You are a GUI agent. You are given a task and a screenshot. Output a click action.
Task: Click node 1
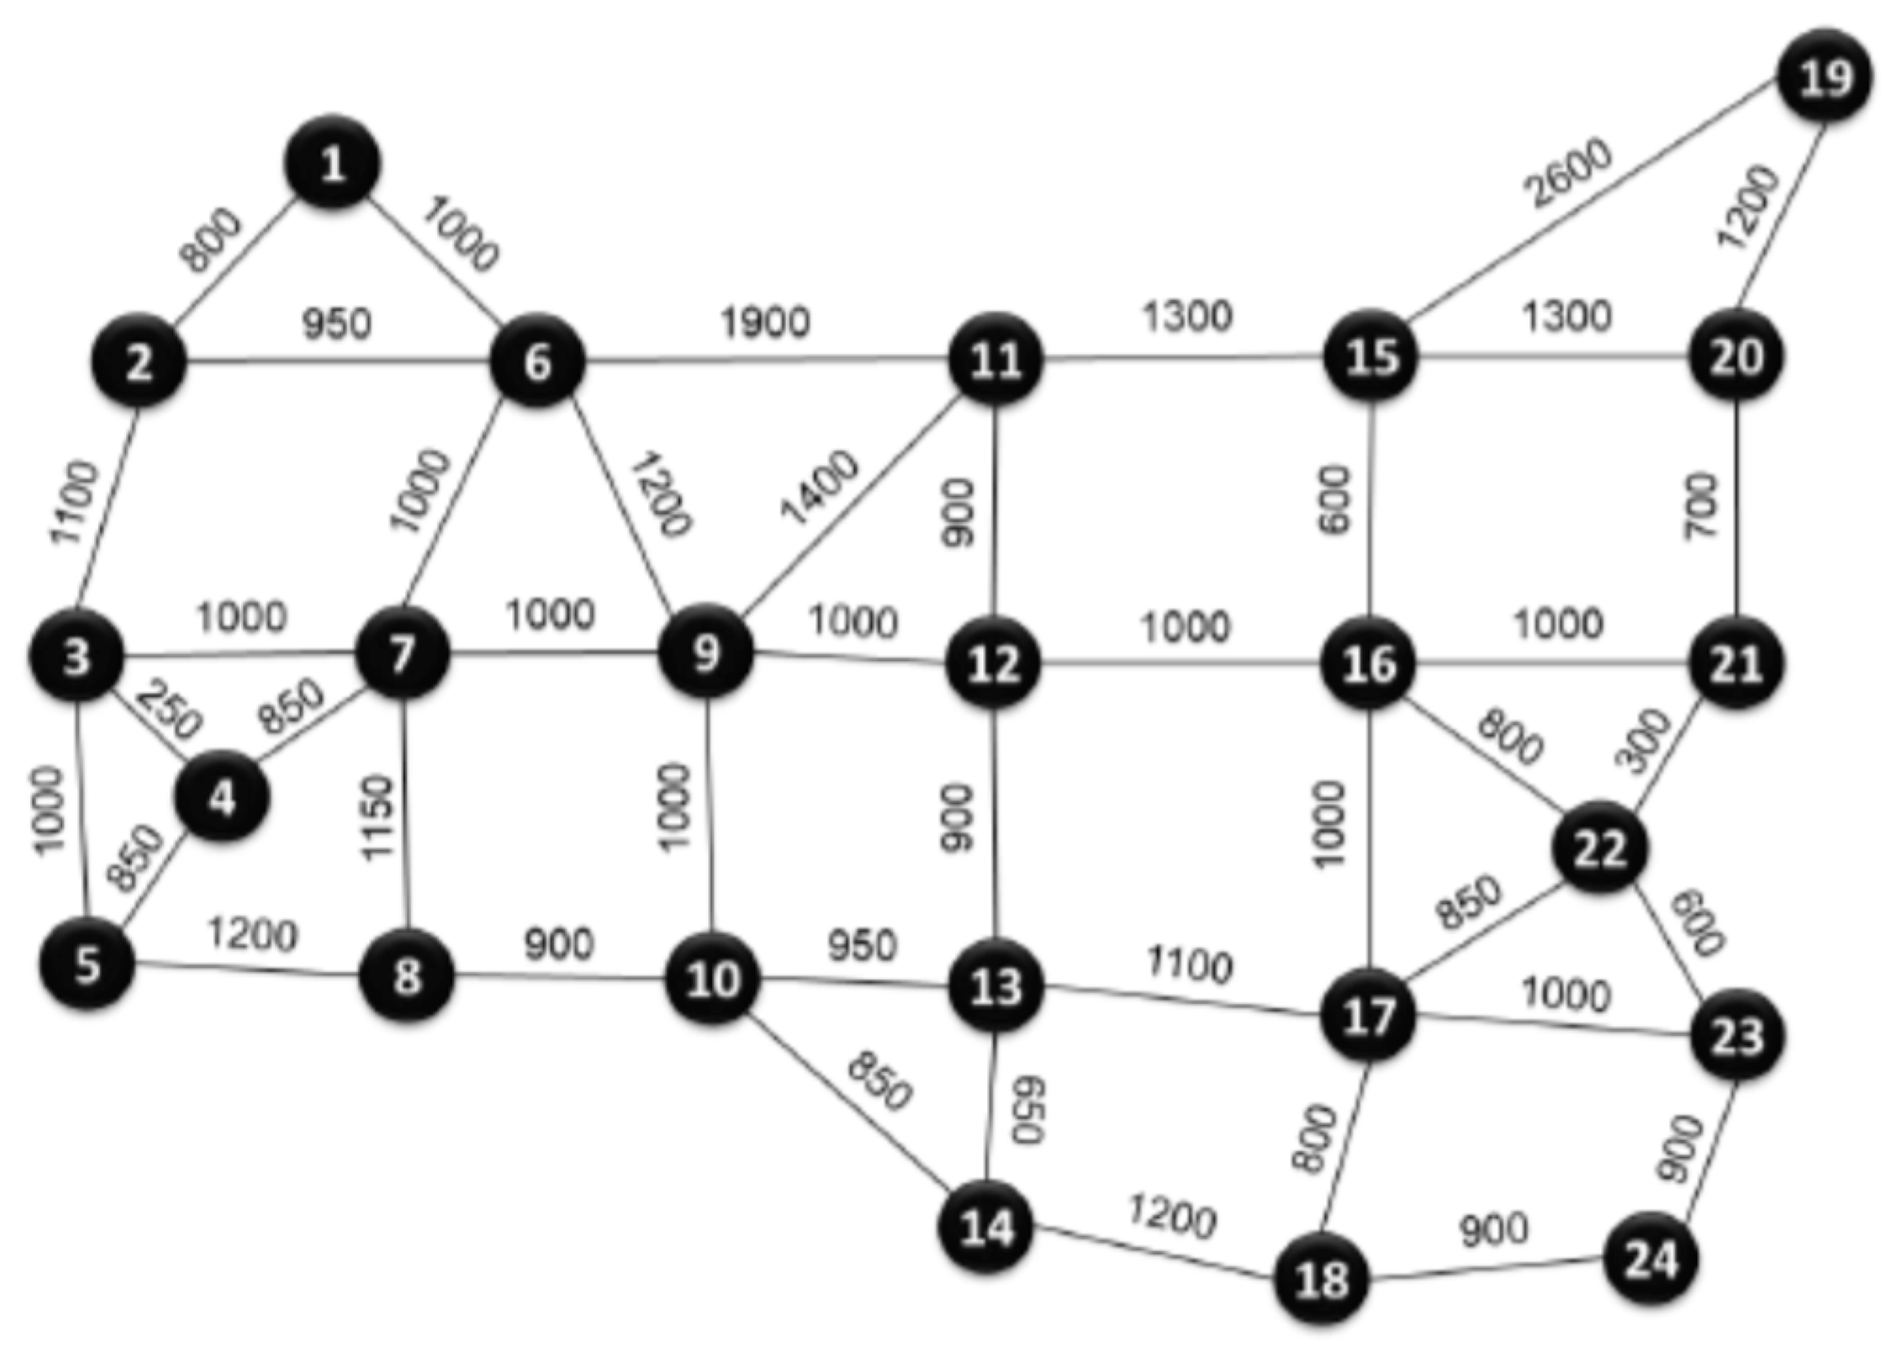click(x=332, y=165)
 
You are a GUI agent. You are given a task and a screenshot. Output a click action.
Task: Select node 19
click(x=1825, y=78)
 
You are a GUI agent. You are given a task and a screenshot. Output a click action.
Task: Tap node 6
click(x=537, y=361)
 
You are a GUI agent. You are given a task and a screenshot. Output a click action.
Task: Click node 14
click(x=987, y=1228)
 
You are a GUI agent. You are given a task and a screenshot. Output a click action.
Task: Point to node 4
click(x=222, y=798)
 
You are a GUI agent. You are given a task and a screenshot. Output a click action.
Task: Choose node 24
click(x=1651, y=1259)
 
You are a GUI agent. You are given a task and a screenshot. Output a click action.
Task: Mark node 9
click(x=706, y=653)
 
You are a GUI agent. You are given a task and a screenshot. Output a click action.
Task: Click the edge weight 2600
click(x=1570, y=173)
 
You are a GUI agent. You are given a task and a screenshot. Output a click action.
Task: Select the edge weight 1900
click(x=765, y=323)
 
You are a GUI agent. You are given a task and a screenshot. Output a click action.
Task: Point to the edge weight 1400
click(x=819, y=487)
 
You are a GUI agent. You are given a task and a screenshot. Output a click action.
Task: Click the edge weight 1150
click(x=377, y=817)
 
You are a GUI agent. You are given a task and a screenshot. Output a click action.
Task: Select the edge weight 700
click(x=1701, y=506)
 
